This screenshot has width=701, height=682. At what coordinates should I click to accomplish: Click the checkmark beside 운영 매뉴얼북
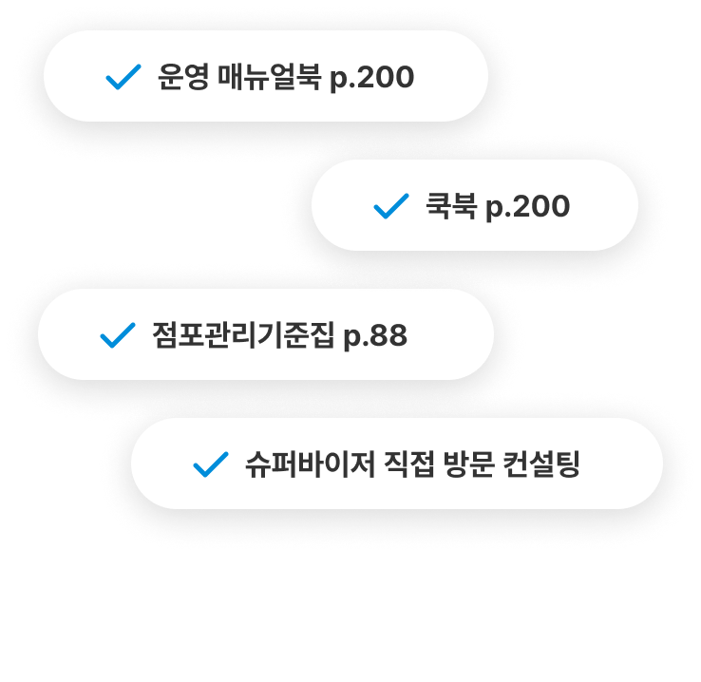point(123,77)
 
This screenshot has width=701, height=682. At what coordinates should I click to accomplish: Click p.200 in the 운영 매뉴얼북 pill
point(371,78)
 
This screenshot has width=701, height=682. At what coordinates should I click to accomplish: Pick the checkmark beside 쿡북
point(391,206)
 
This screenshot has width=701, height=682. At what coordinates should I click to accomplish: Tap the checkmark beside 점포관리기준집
point(117,335)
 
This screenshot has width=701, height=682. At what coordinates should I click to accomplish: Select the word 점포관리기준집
point(243,335)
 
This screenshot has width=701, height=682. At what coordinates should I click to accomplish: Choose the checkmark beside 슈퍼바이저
point(210,465)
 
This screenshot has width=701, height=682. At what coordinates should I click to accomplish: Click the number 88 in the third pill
point(388,336)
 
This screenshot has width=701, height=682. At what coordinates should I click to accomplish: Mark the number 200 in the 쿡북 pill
point(540,207)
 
